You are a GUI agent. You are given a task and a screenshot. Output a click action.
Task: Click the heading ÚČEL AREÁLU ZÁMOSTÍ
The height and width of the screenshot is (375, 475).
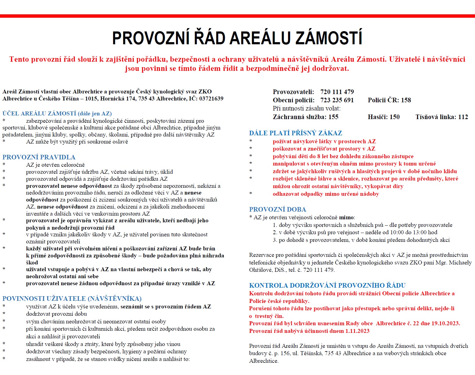pos(40,114)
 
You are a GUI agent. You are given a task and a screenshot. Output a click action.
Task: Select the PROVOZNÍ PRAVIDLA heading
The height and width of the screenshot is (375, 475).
pos(39,157)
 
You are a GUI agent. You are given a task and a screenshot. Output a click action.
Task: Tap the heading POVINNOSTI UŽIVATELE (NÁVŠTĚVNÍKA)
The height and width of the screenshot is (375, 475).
pos(72,299)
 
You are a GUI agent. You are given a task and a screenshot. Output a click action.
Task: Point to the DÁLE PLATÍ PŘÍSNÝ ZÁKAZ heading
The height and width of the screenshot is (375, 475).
pos(295,133)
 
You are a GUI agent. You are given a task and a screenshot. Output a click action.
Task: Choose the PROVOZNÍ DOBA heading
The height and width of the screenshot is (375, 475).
pos(277,209)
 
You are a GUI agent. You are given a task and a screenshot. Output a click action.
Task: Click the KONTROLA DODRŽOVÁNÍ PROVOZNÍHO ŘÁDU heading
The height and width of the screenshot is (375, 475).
pos(327,286)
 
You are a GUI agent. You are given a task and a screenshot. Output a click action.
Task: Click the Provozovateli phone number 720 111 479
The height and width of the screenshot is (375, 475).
pos(337,92)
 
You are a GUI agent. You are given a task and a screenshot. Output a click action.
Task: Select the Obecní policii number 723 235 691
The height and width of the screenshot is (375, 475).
pos(337,100)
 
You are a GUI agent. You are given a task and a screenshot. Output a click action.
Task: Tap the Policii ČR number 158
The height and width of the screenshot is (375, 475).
pos(406,100)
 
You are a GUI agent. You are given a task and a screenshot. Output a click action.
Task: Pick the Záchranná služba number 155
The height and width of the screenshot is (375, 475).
pos(333,117)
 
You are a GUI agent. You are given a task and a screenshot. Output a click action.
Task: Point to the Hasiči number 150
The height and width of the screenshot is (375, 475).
pos(394,117)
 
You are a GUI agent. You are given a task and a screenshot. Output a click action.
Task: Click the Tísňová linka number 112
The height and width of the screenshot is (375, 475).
pos(463,117)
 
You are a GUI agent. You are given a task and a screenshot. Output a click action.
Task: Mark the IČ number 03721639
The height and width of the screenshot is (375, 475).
pos(211,99)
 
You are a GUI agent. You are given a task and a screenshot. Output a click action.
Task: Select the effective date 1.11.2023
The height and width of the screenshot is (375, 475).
pos(357,331)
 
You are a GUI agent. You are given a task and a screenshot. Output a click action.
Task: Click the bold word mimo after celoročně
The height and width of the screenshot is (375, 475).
pos(346,218)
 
